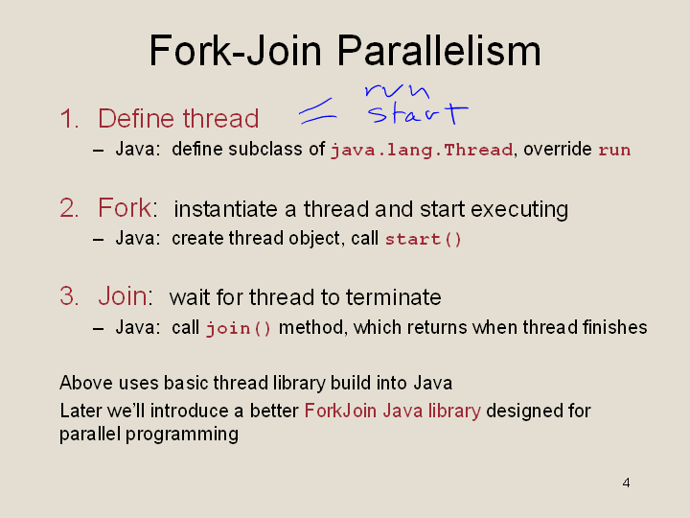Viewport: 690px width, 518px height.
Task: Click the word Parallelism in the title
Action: pyautogui.click(x=439, y=51)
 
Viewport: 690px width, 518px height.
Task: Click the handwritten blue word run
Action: pyautogui.click(x=398, y=90)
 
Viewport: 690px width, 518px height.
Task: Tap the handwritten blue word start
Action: pyautogui.click(x=418, y=113)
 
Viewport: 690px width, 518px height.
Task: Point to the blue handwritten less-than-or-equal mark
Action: pyautogui.click(x=318, y=111)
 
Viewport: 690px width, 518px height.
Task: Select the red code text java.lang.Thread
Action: pyautogui.click(x=422, y=151)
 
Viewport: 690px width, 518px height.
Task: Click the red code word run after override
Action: pyautogui.click(x=614, y=151)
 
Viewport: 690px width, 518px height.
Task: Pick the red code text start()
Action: pyautogui.click(x=423, y=239)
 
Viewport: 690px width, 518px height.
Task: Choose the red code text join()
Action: pyautogui.click(x=238, y=328)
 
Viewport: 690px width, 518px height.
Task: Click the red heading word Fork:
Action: pyautogui.click(x=127, y=207)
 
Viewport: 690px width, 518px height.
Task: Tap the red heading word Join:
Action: pyautogui.click(x=126, y=295)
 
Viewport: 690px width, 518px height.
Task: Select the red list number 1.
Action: pyautogui.click(x=69, y=119)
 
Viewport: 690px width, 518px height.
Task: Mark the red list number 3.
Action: pyautogui.click(x=69, y=295)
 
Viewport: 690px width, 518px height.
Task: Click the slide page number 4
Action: pyautogui.click(x=626, y=483)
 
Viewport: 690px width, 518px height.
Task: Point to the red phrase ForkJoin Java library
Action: pyautogui.click(x=393, y=411)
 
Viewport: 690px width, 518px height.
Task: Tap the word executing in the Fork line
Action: pyautogui.click(x=519, y=209)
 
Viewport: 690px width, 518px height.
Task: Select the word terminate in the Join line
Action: pyautogui.click(x=394, y=297)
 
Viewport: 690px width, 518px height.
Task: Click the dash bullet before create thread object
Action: pyautogui.click(x=98, y=240)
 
